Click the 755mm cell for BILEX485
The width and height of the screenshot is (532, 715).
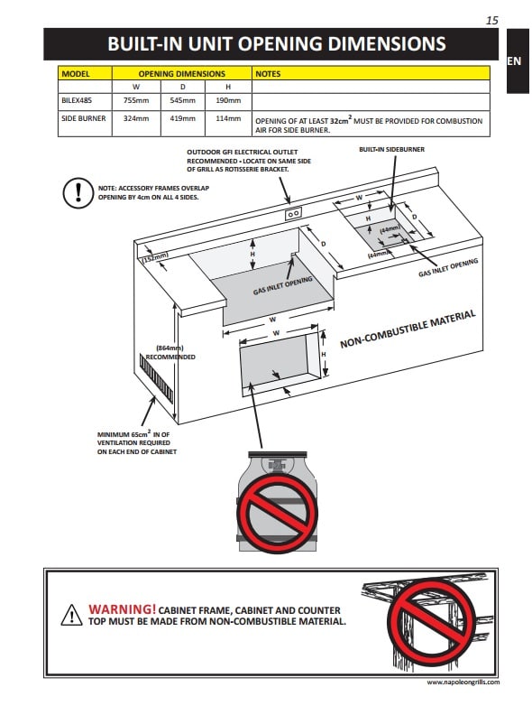[136, 100]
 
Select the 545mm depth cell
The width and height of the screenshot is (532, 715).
[183, 100]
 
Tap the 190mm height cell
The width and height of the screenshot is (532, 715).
[228, 100]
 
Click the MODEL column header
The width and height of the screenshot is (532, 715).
[76, 74]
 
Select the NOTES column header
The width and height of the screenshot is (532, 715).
[268, 74]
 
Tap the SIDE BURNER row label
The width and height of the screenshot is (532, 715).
[83, 118]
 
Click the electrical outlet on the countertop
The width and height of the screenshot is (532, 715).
[293, 213]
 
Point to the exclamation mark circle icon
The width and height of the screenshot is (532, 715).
[78, 193]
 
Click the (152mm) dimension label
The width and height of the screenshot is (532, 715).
[155, 257]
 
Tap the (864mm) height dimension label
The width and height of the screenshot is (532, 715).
[170, 348]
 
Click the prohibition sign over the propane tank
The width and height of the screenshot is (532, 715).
[277, 512]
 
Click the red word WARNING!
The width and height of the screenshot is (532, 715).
[122, 609]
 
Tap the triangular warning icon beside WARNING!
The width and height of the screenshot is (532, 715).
[71, 615]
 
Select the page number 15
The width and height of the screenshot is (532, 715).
[492, 21]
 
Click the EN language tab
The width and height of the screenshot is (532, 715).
[514, 61]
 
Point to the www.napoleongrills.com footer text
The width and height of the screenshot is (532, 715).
[463, 682]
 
